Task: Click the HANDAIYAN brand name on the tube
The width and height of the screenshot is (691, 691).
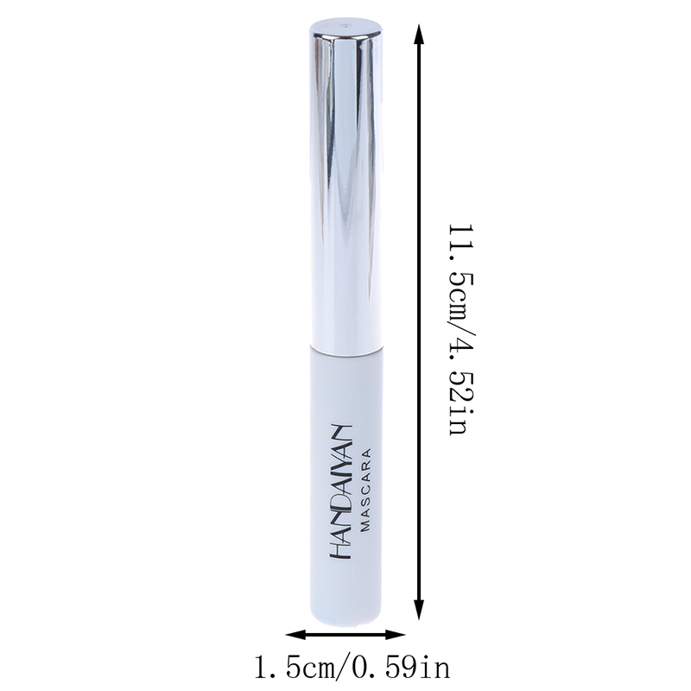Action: click(x=340, y=491)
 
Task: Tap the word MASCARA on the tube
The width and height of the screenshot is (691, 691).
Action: click(x=366, y=490)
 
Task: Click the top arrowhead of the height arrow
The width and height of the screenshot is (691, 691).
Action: click(x=419, y=35)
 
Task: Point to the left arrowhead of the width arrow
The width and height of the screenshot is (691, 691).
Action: click(x=295, y=635)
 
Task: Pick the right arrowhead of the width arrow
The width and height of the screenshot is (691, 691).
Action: click(x=396, y=635)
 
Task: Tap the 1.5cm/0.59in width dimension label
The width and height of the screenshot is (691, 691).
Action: click(x=352, y=667)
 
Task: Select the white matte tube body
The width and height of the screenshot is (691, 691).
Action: click(x=345, y=485)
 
